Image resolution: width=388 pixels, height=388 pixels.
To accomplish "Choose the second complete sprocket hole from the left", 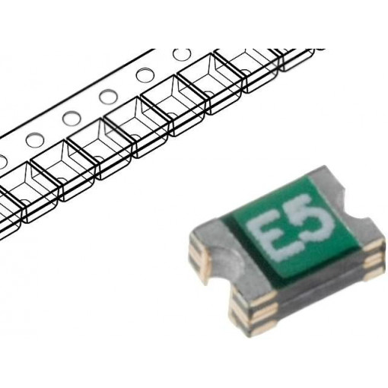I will (x=72, y=119).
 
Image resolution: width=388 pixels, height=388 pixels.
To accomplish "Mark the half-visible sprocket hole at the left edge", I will (x=2, y=161).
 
